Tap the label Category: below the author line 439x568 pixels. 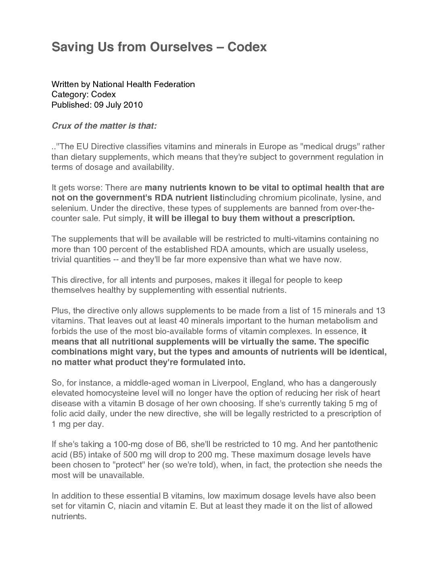tap(70, 94)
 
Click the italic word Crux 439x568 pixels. tap(61, 126)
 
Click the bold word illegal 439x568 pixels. tap(192, 218)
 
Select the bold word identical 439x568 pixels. tap(364, 351)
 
